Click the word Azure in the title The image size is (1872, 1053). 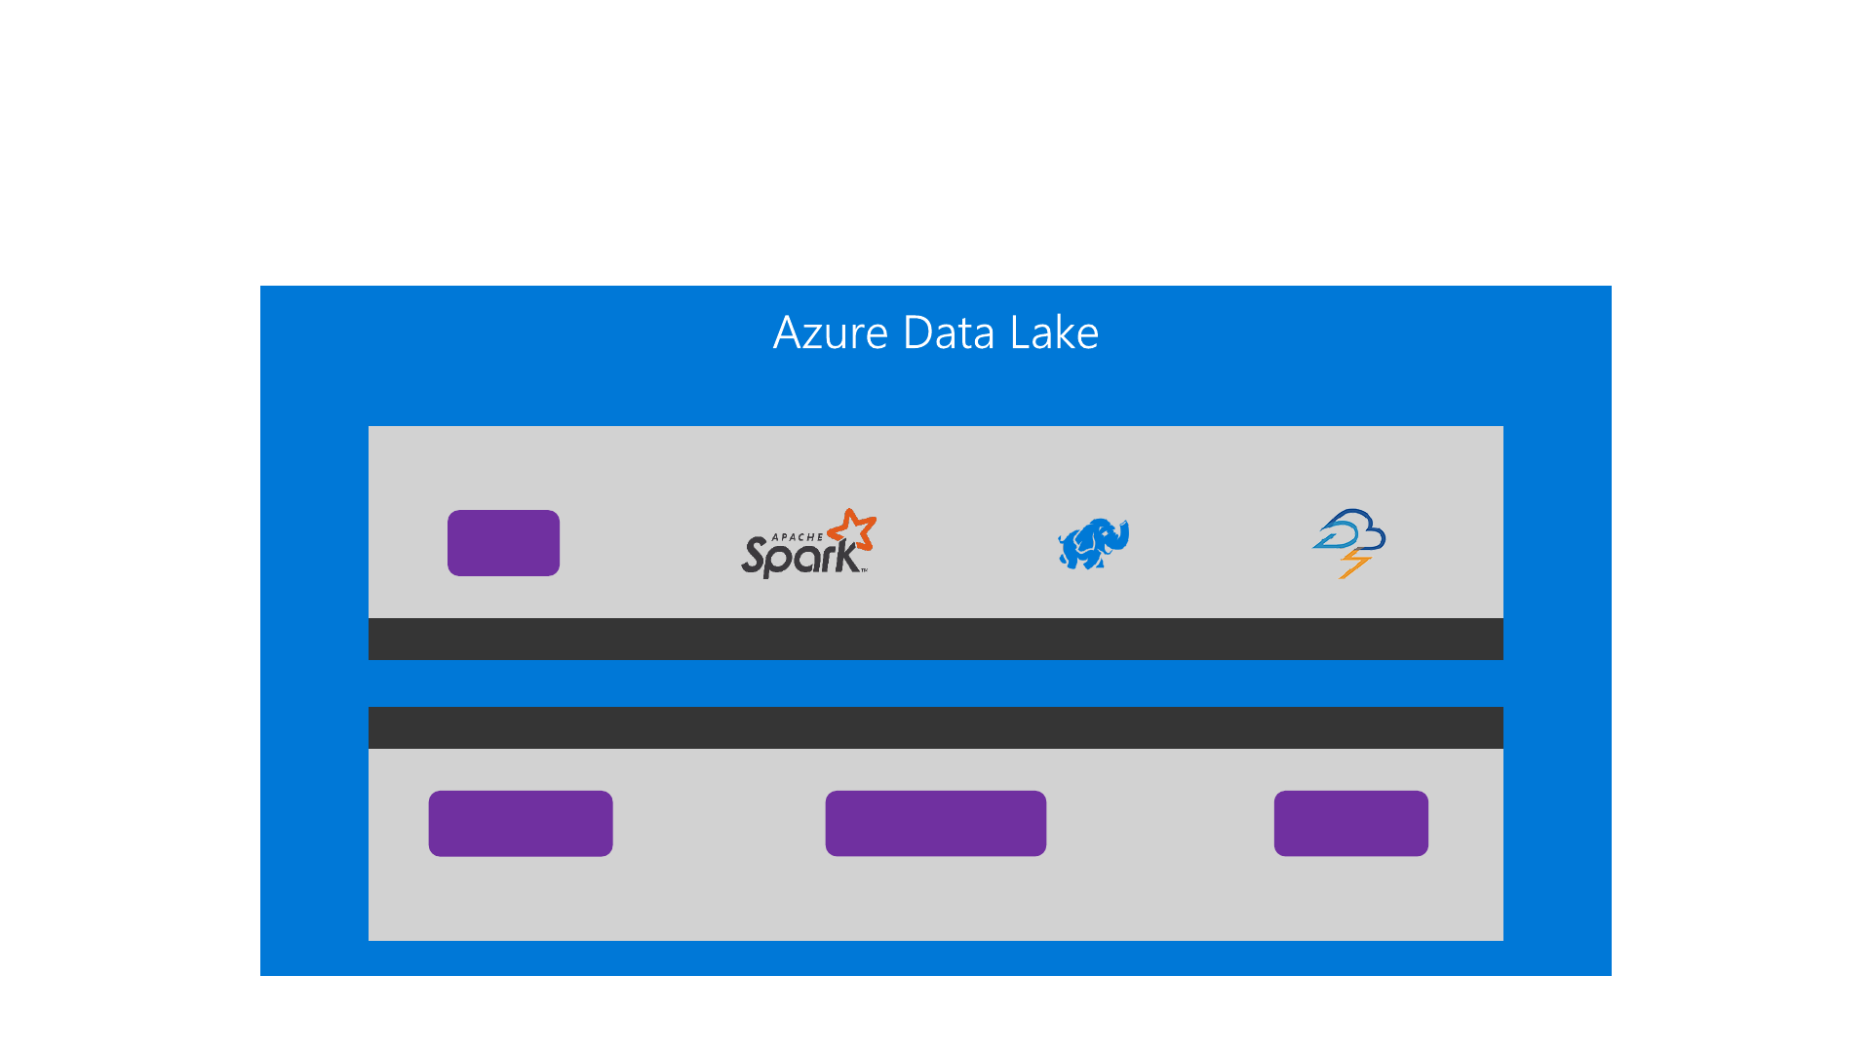830,333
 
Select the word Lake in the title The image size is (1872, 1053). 1054,333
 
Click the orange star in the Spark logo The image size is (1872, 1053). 852,531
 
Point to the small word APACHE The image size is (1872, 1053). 798,537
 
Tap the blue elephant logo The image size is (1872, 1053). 1093,543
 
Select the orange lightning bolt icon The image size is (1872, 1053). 1354,563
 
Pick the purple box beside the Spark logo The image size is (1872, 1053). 503,543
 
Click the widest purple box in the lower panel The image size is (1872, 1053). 935,824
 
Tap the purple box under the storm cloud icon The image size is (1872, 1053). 1350,824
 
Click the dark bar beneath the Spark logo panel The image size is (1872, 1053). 935,639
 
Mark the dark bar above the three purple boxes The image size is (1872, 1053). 935,727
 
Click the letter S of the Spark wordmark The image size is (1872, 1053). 754,557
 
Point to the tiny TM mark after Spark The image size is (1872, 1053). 864,571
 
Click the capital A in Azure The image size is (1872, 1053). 788,333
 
